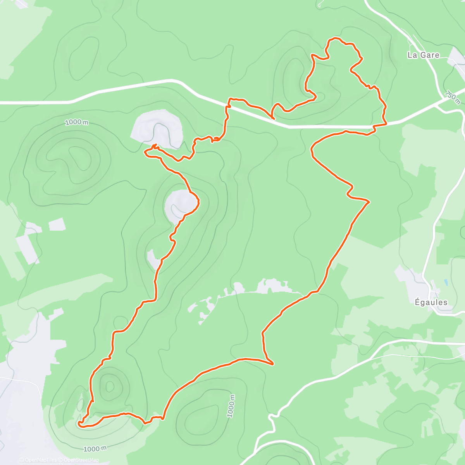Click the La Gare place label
[423, 55]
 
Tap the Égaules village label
[431, 302]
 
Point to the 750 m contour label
[452, 97]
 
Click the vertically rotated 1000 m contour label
[231, 406]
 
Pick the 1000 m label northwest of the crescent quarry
[76, 122]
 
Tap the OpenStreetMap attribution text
[81, 460]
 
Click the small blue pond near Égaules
[446, 282]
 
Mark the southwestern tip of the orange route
[79, 424]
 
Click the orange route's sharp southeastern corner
[273, 363]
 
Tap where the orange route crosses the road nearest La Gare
[380, 125]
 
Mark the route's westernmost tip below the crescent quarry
[145, 153]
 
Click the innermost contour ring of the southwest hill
[110, 386]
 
